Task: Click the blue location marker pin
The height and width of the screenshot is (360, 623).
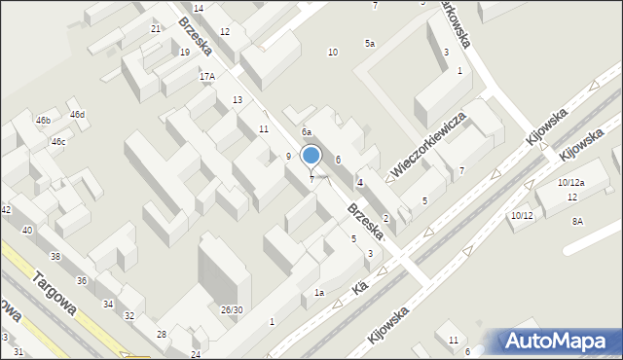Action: pyautogui.click(x=311, y=157)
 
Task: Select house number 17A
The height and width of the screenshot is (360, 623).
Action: pyautogui.click(x=206, y=76)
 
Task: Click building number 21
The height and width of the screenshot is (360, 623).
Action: pyautogui.click(x=156, y=29)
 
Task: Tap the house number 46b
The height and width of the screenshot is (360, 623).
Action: pyautogui.click(x=43, y=120)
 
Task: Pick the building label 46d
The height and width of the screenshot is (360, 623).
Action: pyautogui.click(x=77, y=114)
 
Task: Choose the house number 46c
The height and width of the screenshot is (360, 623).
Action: pyautogui.click(x=58, y=142)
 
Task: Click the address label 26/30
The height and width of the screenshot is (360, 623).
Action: pyautogui.click(x=232, y=309)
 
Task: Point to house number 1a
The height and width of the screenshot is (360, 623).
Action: pyautogui.click(x=318, y=293)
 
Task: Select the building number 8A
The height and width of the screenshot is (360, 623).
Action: pyautogui.click(x=577, y=222)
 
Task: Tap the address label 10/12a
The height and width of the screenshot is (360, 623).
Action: pyautogui.click(x=570, y=183)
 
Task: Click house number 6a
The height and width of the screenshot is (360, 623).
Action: pyautogui.click(x=306, y=131)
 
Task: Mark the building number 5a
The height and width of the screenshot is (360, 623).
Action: pyautogui.click(x=370, y=44)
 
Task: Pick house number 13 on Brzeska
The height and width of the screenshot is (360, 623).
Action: pyautogui.click(x=238, y=100)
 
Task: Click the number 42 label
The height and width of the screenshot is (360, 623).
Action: pyautogui.click(x=6, y=210)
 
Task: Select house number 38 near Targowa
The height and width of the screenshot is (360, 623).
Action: pyautogui.click(x=55, y=257)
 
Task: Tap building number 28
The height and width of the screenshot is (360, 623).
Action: pyautogui.click(x=162, y=334)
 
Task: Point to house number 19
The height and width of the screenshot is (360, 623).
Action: pyautogui.click(x=185, y=53)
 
